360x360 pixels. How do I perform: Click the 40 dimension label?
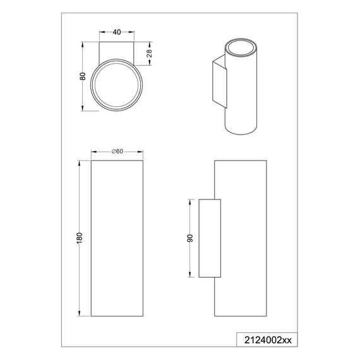coord(117,32)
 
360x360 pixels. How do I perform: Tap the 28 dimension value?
coord(149,53)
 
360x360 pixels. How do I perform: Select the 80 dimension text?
coord(83,76)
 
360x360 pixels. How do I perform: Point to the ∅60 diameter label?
coord(117,152)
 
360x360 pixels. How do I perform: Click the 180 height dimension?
coord(79,238)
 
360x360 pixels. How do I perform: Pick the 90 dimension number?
coord(190,238)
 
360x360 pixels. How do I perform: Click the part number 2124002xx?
coord(268,340)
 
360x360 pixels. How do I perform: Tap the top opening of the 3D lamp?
coord(241,47)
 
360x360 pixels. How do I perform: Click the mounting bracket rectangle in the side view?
coord(210,238)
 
